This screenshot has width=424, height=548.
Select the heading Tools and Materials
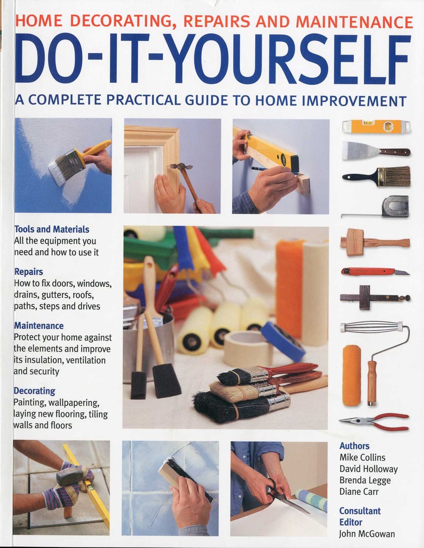52,229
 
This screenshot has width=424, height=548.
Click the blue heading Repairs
29,272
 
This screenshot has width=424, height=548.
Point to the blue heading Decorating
34,391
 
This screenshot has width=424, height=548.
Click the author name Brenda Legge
365,481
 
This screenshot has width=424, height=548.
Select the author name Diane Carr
359,492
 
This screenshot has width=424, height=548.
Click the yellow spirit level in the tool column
376,126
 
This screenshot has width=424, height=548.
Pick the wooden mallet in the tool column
375,242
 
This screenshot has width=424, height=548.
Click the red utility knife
375,272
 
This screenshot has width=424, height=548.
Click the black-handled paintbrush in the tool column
376,177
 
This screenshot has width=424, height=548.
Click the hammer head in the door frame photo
181,167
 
